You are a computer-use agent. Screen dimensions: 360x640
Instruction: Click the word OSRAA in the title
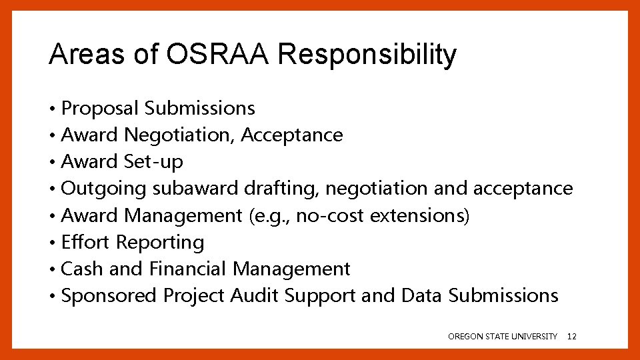pyautogui.click(x=217, y=55)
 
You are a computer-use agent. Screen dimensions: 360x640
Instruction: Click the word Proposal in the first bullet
pyautogui.click(x=100, y=108)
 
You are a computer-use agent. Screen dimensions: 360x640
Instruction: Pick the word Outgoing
pyautogui.click(x=103, y=189)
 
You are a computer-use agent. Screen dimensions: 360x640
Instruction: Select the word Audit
pyautogui.click(x=253, y=295)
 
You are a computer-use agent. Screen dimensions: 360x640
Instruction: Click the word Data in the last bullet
pyautogui.click(x=421, y=295)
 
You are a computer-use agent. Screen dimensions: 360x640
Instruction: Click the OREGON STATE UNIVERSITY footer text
pyautogui.click(x=503, y=337)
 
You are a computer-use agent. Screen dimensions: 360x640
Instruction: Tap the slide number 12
pyautogui.click(x=571, y=337)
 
